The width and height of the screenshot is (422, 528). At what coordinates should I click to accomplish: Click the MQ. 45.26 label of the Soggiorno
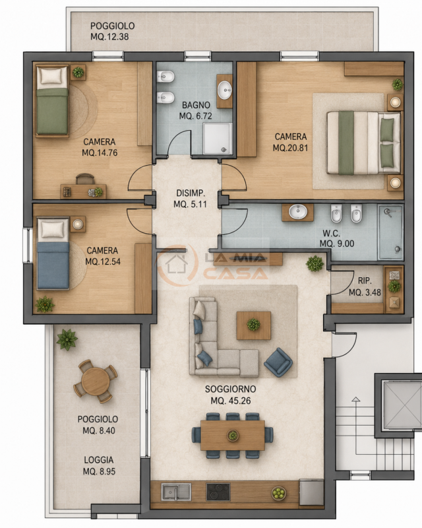231,401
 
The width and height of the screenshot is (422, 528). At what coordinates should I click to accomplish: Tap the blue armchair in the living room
278,362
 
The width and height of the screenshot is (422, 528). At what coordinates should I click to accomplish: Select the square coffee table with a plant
254,325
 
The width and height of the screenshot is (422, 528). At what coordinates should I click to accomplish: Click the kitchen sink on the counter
176,492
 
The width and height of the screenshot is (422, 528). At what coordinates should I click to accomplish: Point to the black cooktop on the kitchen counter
218,492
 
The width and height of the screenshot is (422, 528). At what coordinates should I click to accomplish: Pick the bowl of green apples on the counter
279,493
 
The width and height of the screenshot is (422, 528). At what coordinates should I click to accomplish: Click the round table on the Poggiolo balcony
95,381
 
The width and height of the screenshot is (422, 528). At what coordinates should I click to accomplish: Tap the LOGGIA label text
99,459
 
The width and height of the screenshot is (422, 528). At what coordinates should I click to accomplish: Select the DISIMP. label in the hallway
191,193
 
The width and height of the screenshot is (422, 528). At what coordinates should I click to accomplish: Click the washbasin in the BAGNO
224,90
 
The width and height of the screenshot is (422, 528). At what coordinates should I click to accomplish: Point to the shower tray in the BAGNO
218,139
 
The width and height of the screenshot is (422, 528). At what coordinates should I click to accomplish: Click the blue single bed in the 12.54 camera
53,253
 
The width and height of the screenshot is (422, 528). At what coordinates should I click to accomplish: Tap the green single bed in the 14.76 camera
52,101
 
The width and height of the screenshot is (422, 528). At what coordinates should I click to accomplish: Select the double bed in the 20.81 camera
364,143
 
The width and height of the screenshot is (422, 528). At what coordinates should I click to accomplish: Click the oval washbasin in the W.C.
298,212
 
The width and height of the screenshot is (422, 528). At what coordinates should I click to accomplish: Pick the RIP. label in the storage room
365,280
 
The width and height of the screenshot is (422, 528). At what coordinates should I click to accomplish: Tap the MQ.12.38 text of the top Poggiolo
109,37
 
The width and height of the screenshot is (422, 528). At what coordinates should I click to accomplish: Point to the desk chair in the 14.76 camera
85,179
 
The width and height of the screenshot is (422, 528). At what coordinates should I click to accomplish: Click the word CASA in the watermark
235,273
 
